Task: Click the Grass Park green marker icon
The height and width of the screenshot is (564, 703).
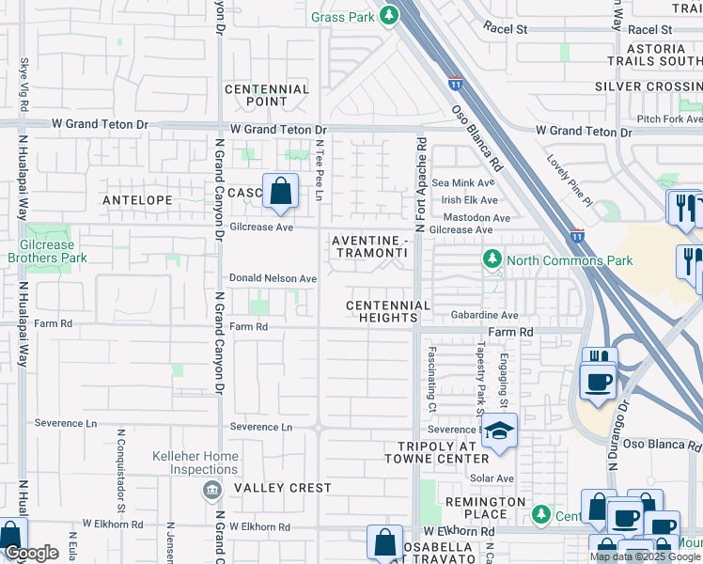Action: pyautogui.click(x=387, y=16)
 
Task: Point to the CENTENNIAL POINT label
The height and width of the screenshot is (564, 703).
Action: pyautogui.click(x=267, y=95)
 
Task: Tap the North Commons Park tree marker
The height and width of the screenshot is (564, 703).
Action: pyautogui.click(x=491, y=258)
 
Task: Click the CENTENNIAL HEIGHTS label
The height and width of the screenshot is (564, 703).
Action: pyautogui.click(x=387, y=312)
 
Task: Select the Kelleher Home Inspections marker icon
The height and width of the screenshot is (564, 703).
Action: pyautogui.click(x=211, y=489)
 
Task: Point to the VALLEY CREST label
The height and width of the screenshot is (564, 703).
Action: pyautogui.click(x=283, y=488)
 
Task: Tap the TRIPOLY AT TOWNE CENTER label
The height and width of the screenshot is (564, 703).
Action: pyautogui.click(x=437, y=452)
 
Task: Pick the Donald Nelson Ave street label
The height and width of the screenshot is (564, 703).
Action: pyautogui.click(x=273, y=279)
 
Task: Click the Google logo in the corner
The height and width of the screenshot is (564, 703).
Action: pyautogui.click(x=31, y=553)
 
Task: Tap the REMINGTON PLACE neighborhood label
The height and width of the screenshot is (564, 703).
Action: pyautogui.click(x=487, y=509)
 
